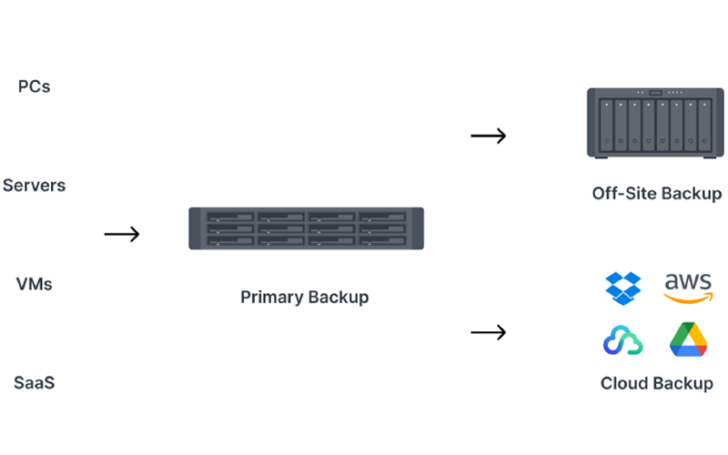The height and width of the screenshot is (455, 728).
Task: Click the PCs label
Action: [x=34, y=87]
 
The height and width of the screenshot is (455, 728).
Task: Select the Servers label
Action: [x=34, y=186]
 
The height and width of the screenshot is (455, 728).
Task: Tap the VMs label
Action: [x=34, y=284]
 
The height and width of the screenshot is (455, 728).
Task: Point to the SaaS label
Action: [x=34, y=382]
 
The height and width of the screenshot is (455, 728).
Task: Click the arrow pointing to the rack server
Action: [x=122, y=235]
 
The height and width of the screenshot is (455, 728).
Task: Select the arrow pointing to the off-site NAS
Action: [x=488, y=136]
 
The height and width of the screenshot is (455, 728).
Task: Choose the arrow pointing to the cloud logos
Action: [x=488, y=333]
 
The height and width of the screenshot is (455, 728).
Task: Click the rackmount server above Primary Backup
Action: [x=306, y=228]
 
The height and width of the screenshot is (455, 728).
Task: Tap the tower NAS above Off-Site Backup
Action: [x=656, y=123]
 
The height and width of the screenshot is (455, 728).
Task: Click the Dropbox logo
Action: [x=623, y=288]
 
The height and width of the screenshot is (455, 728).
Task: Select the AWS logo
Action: [x=688, y=288]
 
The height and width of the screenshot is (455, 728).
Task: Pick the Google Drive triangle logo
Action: [x=688, y=339]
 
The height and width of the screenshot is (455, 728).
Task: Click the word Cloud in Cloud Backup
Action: [x=625, y=383]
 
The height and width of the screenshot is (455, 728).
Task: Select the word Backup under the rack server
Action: [x=339, y=298]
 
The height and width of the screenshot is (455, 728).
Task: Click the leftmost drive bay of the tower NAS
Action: [x=607, y=126]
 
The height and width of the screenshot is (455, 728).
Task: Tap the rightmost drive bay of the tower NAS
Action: [x=705, y=126]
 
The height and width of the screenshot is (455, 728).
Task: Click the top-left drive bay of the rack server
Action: [x=230, y=217]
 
